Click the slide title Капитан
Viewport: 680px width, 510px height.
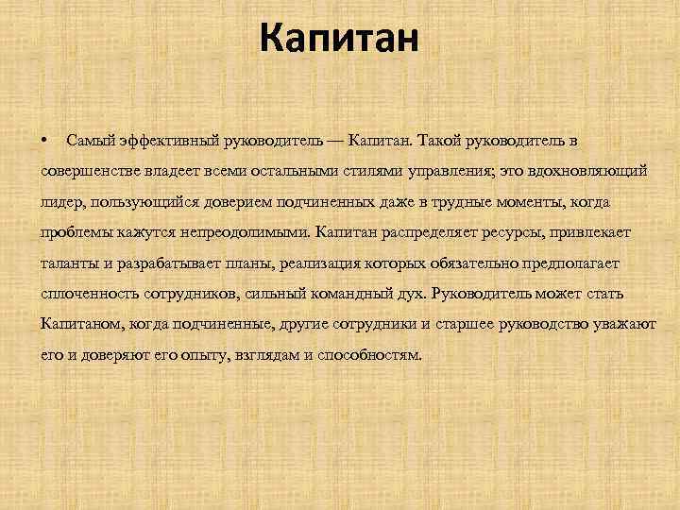tap(338, 39)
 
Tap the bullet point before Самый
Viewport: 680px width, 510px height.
tap(45, 140)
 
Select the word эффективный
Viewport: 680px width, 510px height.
tap(158, 141)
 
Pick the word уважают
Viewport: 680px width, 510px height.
tap(624, 324)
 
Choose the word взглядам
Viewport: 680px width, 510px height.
tap(263, 356)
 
